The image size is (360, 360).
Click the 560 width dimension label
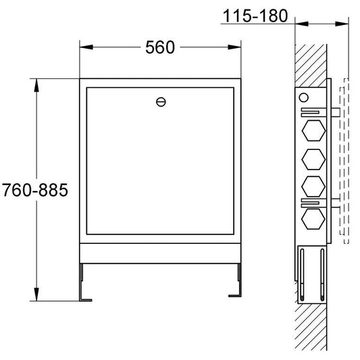pos(160,47)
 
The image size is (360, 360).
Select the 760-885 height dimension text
pos(35,190)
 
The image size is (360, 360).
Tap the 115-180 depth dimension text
pos(255,16)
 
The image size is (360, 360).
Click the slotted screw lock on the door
pos(161,102)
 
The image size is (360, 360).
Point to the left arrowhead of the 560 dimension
pos(86,47)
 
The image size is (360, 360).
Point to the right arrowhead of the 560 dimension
pos(234,47)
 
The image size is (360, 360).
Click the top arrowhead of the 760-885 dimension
pos(36,85)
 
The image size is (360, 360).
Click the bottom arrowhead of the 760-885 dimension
pos(36,294)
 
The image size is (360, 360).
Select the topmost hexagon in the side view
pos(313,130)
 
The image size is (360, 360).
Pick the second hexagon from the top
pos(313,159)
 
